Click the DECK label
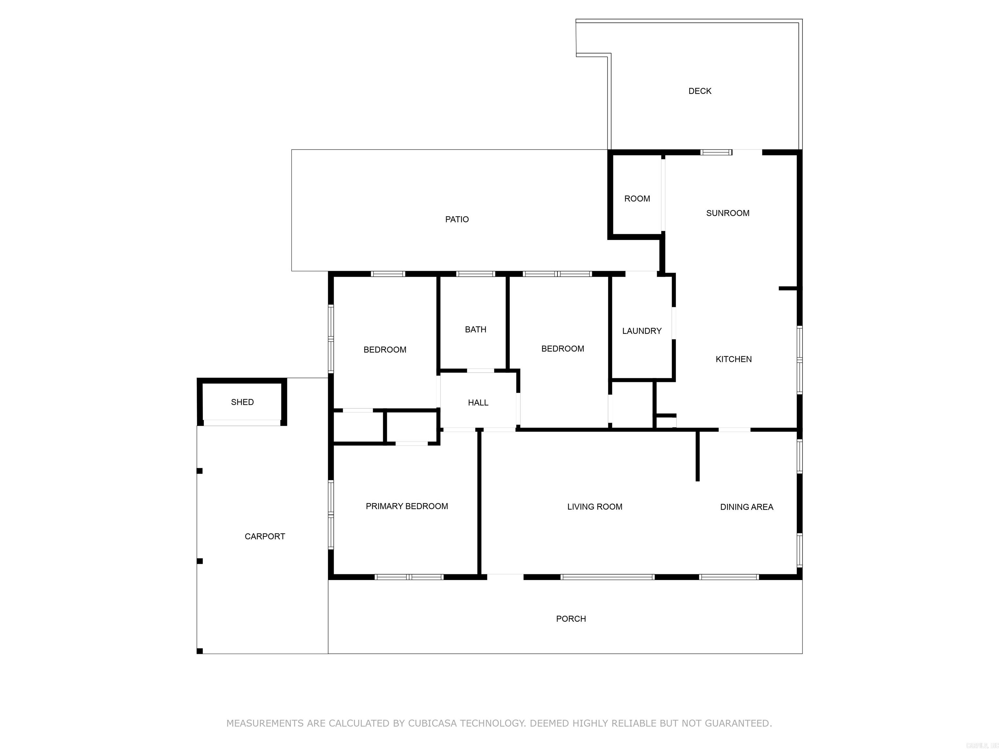pos(699,91)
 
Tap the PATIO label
pos(457,219)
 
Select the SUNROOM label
pos(727,213)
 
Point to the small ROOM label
pos(637,199)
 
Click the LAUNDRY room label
pos(641,331)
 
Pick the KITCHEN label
pos(733,359)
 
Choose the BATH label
pos(475,330)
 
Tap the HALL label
pos(478,403)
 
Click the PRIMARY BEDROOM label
pos(406,506)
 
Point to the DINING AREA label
pos(746,507)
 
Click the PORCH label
pos(571,619)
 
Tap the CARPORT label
pos(265,536)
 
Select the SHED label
pos(242,402)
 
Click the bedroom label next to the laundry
pos(562,348)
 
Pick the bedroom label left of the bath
pos(385,349)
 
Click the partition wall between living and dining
pos(697,456)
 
